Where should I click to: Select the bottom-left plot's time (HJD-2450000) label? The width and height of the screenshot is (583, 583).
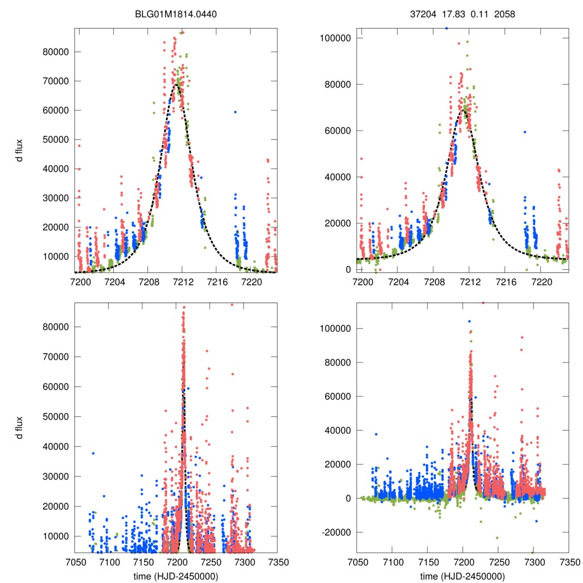click(176, 576)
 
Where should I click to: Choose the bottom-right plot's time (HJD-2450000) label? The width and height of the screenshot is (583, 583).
click(463, 576)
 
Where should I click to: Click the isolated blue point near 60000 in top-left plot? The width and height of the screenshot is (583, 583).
click(235, 112)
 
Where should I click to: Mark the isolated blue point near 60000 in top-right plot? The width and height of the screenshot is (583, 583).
click(525, 132)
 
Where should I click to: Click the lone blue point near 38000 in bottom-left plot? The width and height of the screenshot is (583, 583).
click(93, 453)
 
